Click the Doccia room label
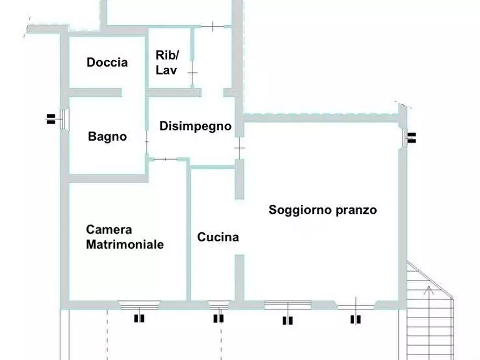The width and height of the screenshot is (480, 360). [x=107, y=62]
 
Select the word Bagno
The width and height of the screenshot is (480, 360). [x=108, y=136]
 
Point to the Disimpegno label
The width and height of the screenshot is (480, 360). [x=195, y=126]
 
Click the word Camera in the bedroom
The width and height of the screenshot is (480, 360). [x=109, y=230]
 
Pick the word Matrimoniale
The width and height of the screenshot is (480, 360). [x=125, y=244]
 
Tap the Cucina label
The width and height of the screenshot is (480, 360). [x=218, y=237]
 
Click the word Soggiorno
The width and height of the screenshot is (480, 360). [x=295, y=210]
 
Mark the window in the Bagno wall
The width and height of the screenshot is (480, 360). [x=63, y=119]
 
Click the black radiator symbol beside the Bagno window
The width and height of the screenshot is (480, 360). [x=51, y=119]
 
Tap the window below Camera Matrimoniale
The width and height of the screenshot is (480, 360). [x=139, y=305]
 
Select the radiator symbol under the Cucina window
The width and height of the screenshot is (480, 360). [x=218, y=319]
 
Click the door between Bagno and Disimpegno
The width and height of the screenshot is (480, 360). [x=146, y=141]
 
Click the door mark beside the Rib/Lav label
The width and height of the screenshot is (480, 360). [x=192, y=71]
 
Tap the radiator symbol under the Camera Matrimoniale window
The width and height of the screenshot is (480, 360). [x=139, y=319]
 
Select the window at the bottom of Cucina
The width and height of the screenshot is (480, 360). [x=217, y=305]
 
